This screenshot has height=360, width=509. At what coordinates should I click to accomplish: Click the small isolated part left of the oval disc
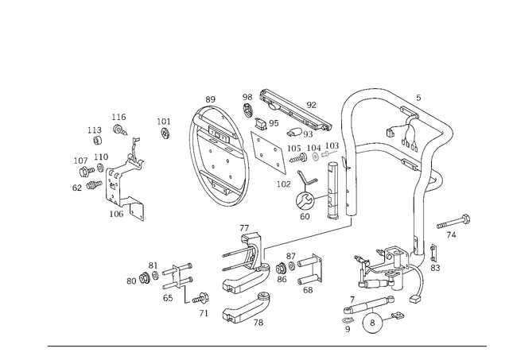pos(165,127)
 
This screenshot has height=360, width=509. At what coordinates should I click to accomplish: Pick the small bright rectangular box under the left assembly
pos(118,213)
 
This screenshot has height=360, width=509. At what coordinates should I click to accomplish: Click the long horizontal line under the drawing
pos(266,344)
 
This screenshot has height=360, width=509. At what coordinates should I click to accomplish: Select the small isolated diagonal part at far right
pos(454,223)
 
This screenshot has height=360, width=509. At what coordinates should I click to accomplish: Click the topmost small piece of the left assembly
pos(119,123)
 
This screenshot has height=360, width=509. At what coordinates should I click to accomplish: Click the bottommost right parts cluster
pos(370,312)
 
